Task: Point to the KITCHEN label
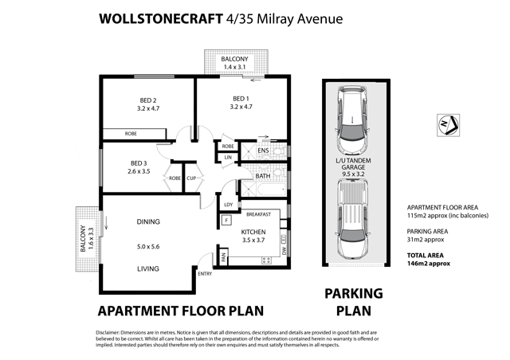click(x=253, y=231)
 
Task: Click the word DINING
click(x=148, y=221)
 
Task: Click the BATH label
click(x=263, y=177)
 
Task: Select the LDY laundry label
click(x=228, y=204)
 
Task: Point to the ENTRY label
click(x=205, y=274)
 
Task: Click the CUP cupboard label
click(x=191, y=178)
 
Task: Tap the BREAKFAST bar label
click(x=259, y=214)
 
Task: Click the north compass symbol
click(x=448, y=124)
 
